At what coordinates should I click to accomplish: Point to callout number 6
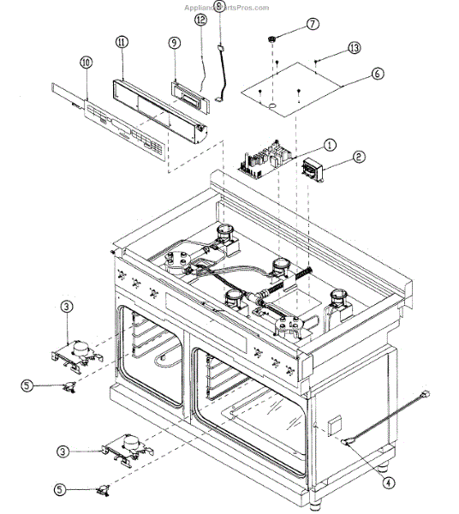tap(377, 75)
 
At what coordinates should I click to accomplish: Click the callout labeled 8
tap(218, 7)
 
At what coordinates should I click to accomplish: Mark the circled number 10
tap(86, 63)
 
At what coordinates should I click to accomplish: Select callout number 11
tap(122, 41)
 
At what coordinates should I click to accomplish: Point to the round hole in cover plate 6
tap(271, 106)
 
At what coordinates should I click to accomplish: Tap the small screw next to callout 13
tap(316, 60)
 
